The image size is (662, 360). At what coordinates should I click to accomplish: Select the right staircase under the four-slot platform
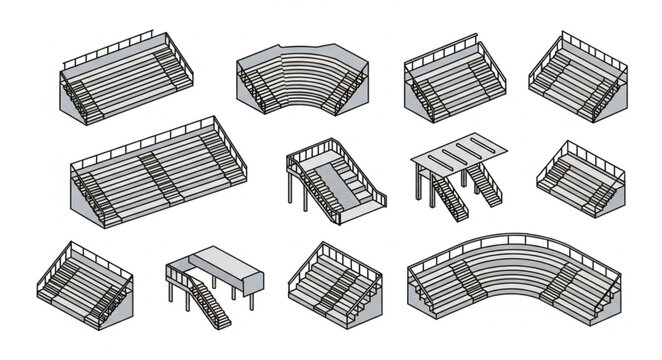[x=485, y=188]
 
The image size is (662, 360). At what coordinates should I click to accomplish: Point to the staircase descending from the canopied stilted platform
[x=210, y=300]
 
